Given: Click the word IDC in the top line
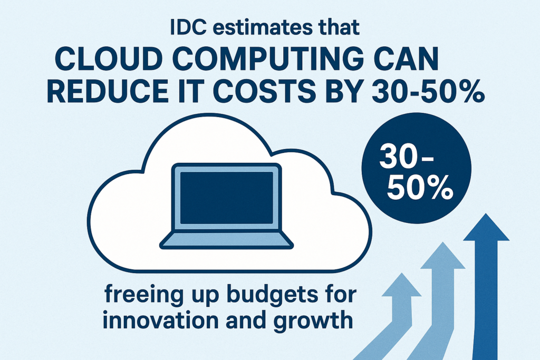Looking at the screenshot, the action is [188, 27].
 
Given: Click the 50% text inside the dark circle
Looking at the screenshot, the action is [420, 188].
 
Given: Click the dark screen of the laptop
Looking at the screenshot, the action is [227, 198].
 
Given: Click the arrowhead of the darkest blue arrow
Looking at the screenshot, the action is [486, 227].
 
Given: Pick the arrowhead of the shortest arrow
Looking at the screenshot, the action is [401, 285].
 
